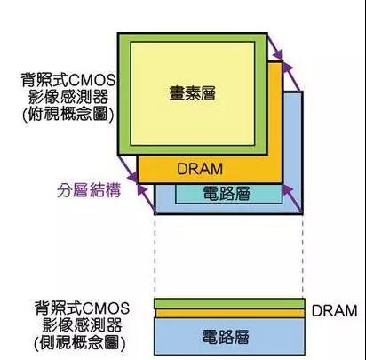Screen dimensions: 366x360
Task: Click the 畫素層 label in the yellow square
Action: coord(193,92)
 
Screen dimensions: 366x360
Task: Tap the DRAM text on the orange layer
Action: coord(200,169)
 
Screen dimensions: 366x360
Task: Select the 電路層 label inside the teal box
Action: coord(227,194)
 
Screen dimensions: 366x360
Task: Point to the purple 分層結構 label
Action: coord(89,190)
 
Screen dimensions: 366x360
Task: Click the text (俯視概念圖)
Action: coord(68,114)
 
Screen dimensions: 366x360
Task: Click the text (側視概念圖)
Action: coord(80,343)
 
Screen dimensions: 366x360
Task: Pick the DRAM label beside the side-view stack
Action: coord(335,311)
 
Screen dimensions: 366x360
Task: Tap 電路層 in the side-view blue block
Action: coord(226,337)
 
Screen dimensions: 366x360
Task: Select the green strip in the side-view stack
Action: coord(229,304)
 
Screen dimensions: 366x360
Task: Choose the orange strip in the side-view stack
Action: coord(229,313)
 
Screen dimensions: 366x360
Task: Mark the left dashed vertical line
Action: coord(155,256)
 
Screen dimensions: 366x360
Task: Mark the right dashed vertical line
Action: coord(303,256)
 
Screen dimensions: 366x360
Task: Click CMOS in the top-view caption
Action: coord(91,80)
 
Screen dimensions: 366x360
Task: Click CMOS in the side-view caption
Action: coord(106,308)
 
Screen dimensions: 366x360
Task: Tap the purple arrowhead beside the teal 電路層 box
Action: coord(288,189)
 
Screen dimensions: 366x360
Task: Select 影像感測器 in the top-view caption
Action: coord(68,97)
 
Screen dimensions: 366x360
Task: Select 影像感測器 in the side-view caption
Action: coord(82,325)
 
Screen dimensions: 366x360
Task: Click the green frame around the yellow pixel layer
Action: coord(124,94)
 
